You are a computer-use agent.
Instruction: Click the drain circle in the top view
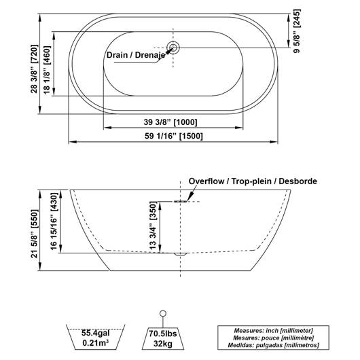point(173,48)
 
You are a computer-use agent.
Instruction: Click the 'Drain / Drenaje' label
point(136,55)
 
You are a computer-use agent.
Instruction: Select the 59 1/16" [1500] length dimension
point(174,136)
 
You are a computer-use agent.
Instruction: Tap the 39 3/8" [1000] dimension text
point(170,122)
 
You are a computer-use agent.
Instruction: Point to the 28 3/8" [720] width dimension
point(34,69)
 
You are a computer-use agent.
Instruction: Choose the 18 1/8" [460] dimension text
point(47,70)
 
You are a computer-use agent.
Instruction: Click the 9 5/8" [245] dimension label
point(297,31)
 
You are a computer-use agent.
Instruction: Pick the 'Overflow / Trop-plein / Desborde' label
point(253,181)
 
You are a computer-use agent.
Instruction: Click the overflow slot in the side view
point(181,201)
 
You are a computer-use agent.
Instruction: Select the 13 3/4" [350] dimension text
point(153,226)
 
